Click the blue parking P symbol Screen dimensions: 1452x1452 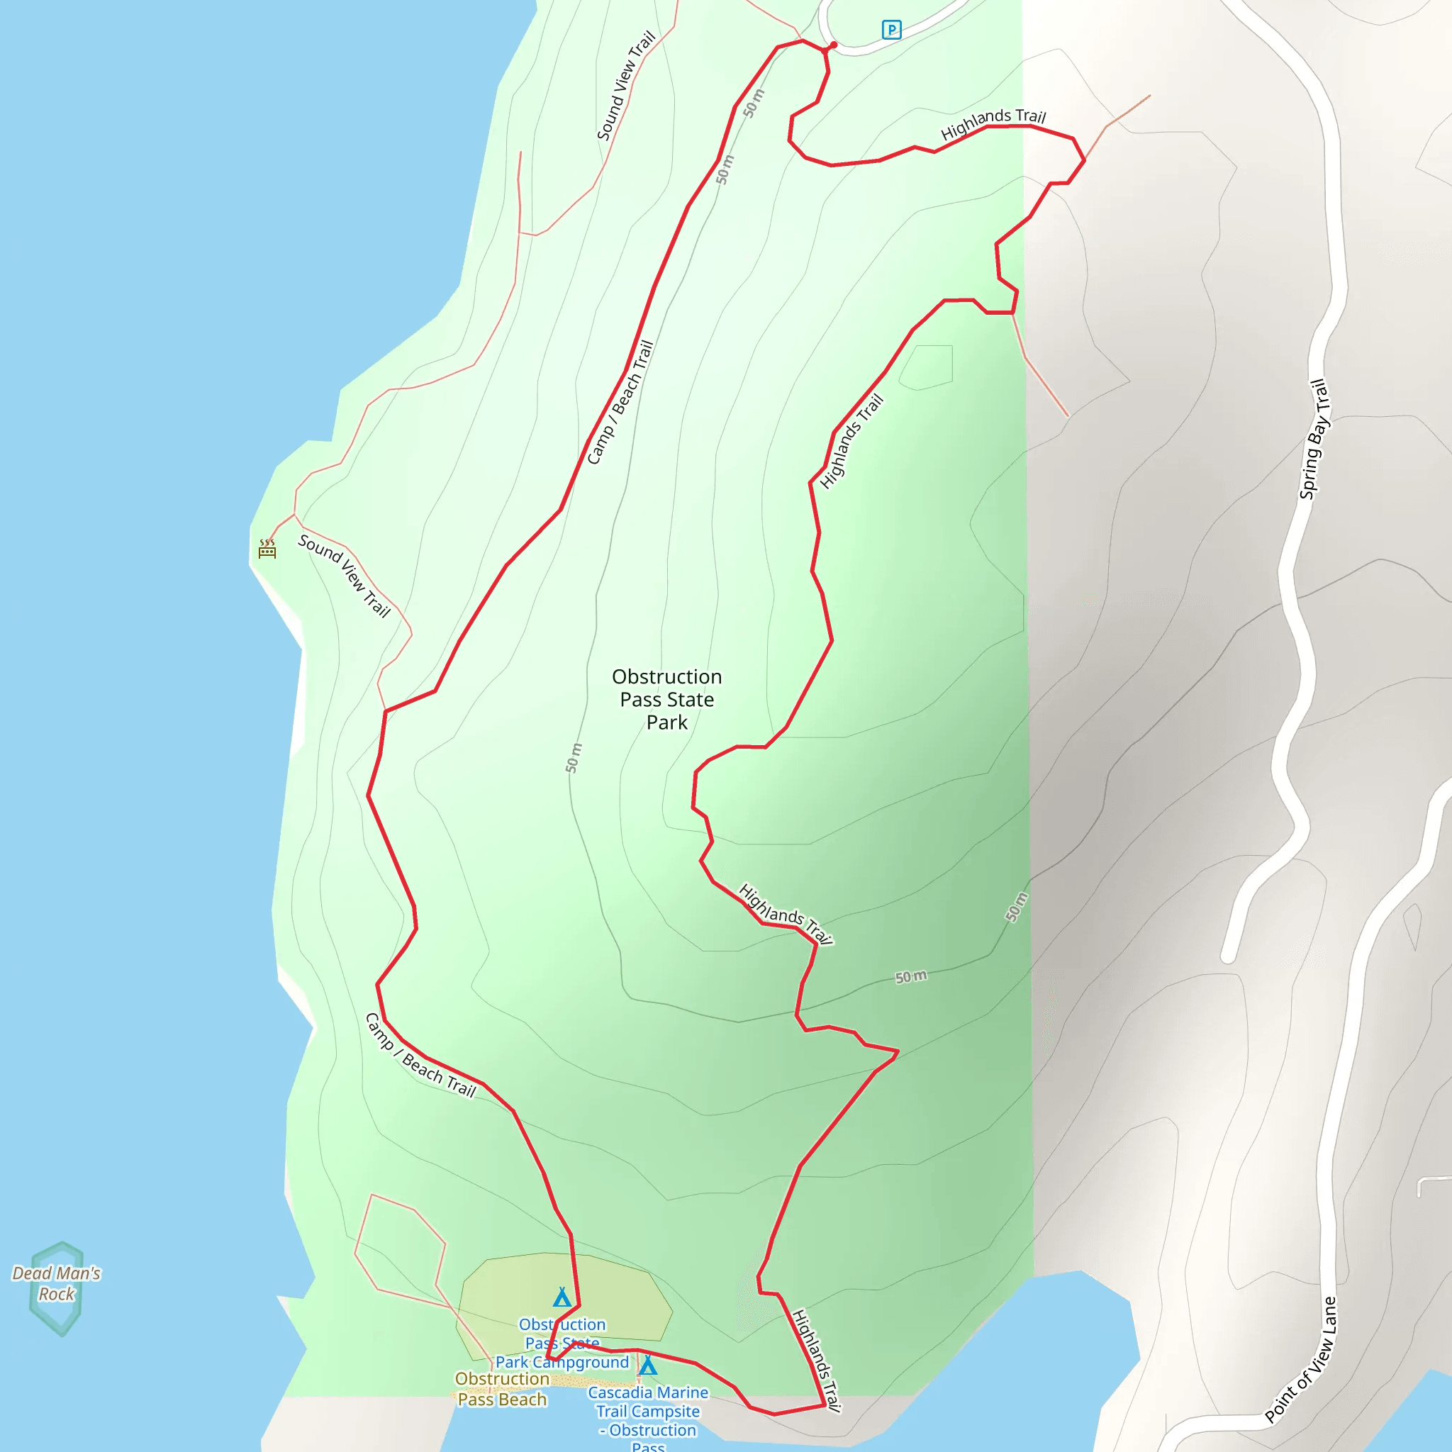tap(890, 30)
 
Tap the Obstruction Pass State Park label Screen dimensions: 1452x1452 tap(666, 699)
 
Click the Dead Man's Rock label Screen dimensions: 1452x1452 tap(57, 1284)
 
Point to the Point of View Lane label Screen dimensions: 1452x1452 tap(1301, 1361)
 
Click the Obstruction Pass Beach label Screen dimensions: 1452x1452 tap(502, 1389)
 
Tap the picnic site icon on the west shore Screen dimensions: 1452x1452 tap(267, 549)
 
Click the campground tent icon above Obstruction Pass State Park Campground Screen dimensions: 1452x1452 tap(562, 1297)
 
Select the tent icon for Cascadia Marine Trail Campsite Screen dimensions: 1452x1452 tap(648, 1365)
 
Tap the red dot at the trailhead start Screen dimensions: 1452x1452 tap(833, 45)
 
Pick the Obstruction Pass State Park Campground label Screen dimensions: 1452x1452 tap(562, 1343)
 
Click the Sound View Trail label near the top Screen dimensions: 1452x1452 tap(626, 86)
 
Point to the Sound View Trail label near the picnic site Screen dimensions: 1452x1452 tap(344, 576)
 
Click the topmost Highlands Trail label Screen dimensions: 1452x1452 tap(993, 123)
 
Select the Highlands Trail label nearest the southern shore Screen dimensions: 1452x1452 tap(816, 1361)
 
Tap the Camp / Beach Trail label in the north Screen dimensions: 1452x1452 tap(620, 403)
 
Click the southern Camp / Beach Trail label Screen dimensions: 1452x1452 tap(420, 1055)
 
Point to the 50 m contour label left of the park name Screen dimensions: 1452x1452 tap(574, 758)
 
